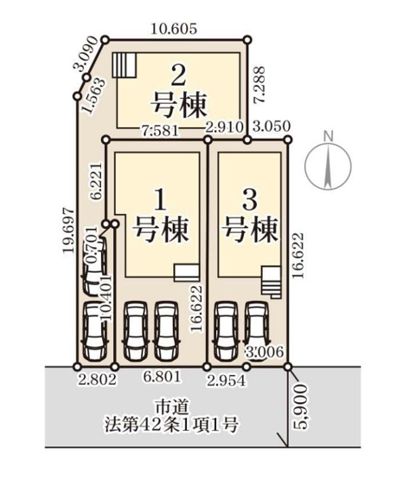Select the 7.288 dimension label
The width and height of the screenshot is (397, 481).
click(x=259, y=87)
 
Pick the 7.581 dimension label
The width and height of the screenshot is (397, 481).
click(x=157, y=131)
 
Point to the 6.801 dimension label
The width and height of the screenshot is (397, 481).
click(x=162, y=379)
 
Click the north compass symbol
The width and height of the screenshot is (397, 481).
click(x=327, y=161)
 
